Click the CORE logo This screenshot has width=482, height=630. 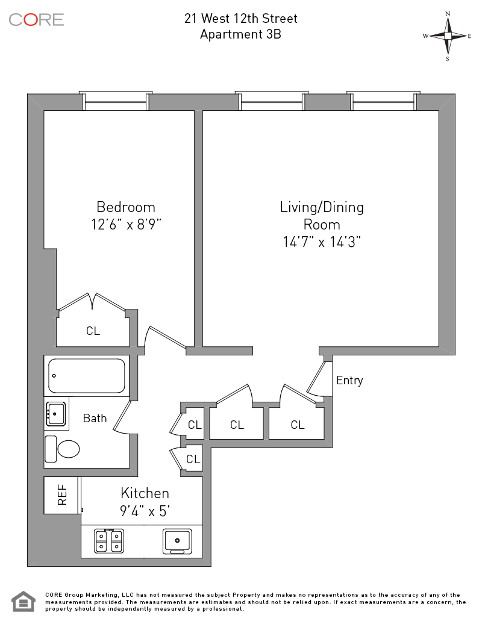(36, 20)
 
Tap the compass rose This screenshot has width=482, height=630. (448, 36)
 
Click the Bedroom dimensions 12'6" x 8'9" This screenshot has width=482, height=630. (126, 224)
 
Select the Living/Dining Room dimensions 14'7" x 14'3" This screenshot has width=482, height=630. (322, 242)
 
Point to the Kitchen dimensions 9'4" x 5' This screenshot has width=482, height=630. (145, 511)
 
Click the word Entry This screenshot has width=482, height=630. (349, 380)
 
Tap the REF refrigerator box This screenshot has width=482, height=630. (62, 495)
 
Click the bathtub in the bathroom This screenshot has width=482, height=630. (86, 376)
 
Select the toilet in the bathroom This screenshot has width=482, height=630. (62, 449)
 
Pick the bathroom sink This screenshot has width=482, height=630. (56, 414)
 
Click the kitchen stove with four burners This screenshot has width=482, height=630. (108, 541)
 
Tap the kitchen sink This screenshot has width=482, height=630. (177, 541)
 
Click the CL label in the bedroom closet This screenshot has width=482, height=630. (93, 331)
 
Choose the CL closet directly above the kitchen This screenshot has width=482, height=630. (193, 459)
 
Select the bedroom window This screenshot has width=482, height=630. (116, 101)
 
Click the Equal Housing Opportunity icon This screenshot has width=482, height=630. (23, 602)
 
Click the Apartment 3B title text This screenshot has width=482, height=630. (240, 34)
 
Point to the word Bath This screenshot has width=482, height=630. (95, 418)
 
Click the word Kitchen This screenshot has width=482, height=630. (145, 493)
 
